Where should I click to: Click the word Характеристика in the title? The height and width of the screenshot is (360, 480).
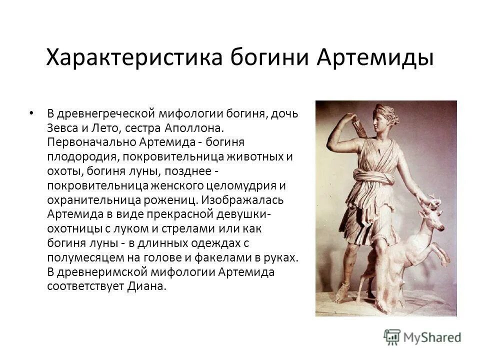point(134,58)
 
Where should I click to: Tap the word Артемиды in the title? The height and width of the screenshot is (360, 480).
point(375,58)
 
